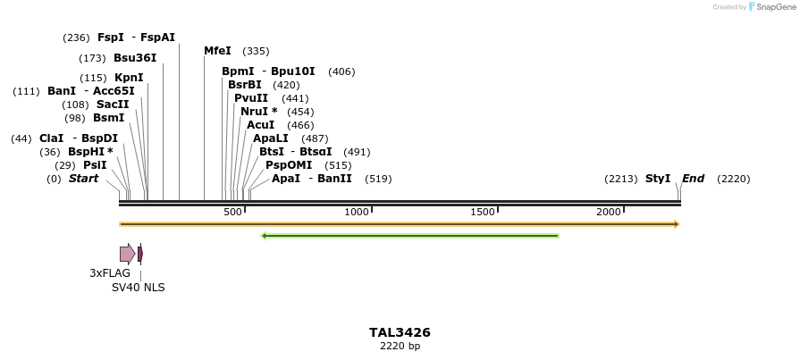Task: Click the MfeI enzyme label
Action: click(x=217, y=51)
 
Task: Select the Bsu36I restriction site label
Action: click(x=135, y=58)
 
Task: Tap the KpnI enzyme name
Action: click(x=129, y=78)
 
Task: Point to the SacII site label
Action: click(x=113, y=105)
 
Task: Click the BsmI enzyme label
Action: click(x=109, y=118)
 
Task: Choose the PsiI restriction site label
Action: click(x=95, y=165)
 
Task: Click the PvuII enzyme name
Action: click(x=251, y=98)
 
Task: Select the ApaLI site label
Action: click(x=271, y=138)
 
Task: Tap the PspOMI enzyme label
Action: click(x=289, y=165)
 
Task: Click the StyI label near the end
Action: click(x=658, y=179)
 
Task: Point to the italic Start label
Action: click(x=83, y=179)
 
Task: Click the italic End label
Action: click(x=693, y=179)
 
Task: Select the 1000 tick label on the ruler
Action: click(x=358, y=212)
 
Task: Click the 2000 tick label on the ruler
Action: click(x=609, y=212)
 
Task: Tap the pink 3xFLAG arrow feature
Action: click(x=127, y=254)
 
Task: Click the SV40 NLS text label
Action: click(x=138, y=288)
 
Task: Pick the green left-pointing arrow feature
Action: click(x=410, y=236)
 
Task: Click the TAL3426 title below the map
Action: click(x=400, y=332)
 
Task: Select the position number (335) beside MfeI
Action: click(x=256, y=51)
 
